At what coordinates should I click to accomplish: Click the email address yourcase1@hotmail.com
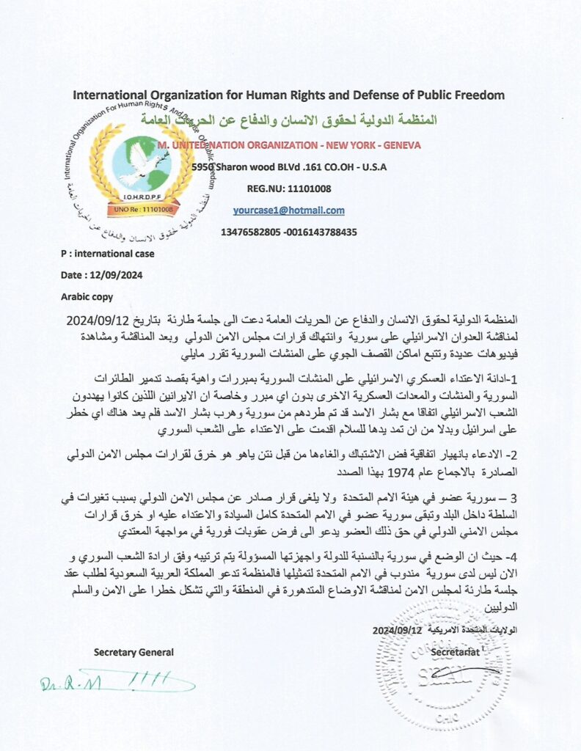pos(288,210)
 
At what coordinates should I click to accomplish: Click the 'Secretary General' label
pos(134,652)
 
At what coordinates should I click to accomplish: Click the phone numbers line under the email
pos(288,232)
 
